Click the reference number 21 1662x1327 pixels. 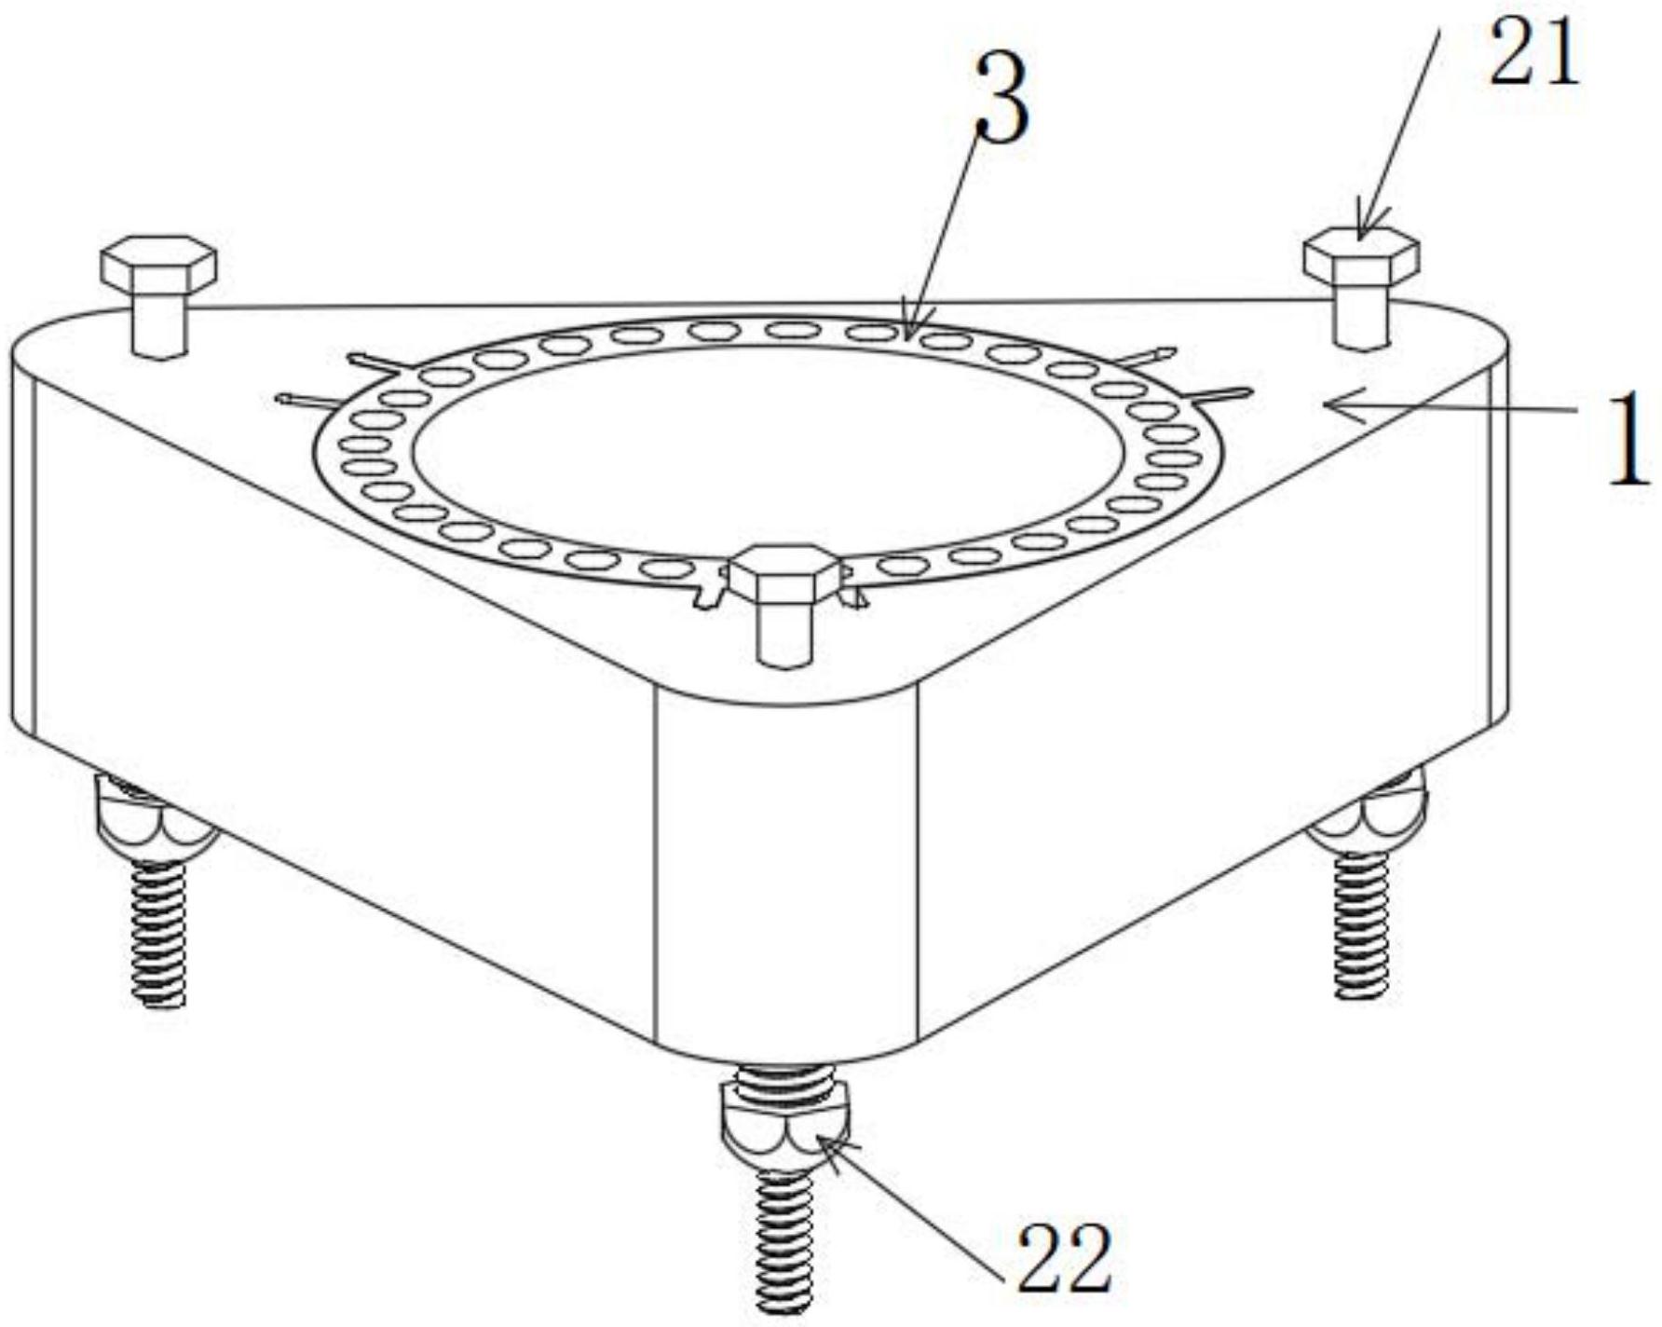[1533, 54]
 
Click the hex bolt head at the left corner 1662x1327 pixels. [159, 262]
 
